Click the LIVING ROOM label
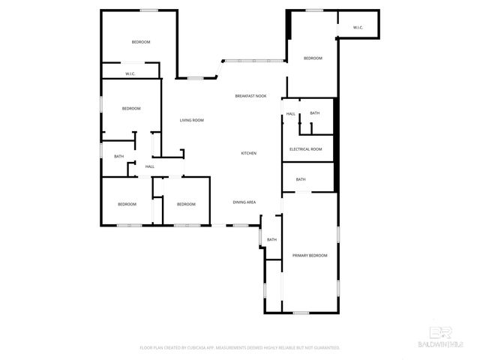pos(191,120)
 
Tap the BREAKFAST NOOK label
pos(250,96)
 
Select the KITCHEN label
pos(248,153)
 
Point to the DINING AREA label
pos(244,202)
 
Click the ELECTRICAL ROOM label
pos(306,149)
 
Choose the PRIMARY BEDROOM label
pos(310,256)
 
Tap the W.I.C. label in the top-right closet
pos(358,28)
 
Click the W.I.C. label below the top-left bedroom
pos(130,73)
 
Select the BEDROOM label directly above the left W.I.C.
pos(141,42)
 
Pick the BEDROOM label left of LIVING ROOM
pos(131,109)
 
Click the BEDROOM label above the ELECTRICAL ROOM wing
pos(313,58)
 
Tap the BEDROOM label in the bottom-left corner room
pos(127,204)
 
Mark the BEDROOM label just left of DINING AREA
pos(186,204)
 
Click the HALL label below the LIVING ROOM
pos(150,166)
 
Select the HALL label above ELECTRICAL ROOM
pos(290,113)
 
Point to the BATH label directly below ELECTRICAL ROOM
pos(301,179)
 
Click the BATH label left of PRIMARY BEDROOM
pos(271,239)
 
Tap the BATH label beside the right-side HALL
pos(315,113)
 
